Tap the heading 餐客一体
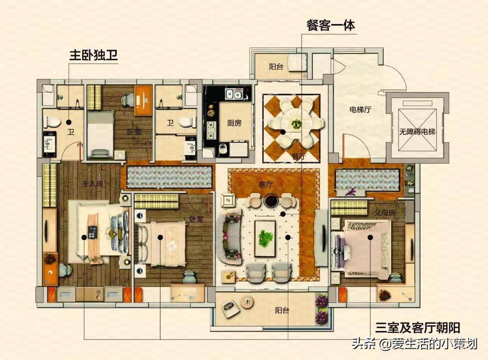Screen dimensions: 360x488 click(330, 25)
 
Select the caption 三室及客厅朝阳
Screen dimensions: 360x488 click(418, 327)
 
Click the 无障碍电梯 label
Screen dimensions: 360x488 click(417, 132)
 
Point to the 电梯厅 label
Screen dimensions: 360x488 click(360, 109)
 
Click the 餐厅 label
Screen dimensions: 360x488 click(299, 157)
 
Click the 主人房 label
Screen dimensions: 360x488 click(92, 184)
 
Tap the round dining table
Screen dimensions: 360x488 click(296, 122)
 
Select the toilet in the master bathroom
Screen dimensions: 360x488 click(52, 122)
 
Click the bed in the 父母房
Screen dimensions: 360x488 click(361, 246)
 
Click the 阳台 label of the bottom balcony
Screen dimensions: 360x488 click(282, 310)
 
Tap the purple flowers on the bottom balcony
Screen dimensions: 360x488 click(322, 309)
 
